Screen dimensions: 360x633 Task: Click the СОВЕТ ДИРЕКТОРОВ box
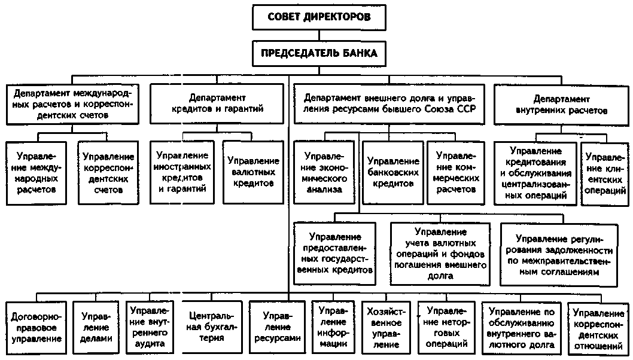point(319,17)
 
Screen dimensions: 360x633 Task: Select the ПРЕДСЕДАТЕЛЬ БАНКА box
point(319,53)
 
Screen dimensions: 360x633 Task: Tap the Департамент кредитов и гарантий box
point(217,103)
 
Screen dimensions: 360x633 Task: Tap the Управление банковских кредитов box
point(392,172)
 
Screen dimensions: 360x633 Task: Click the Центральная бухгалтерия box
point(205,326)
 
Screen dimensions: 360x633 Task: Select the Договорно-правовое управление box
point(36,326)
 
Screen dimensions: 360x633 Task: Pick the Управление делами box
point(96,326)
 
